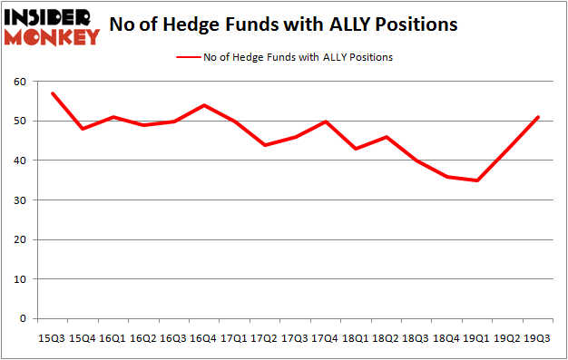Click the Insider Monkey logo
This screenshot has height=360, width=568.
point(52,26)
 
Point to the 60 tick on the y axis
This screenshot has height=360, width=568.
point(19,82)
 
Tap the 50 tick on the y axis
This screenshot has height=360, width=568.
point(19,122)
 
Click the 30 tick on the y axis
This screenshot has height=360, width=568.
point(19,200)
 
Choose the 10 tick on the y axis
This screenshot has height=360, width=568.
point(19,279)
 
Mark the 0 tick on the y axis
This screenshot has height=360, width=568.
point(22,319)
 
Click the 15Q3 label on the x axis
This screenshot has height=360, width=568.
point(51,337)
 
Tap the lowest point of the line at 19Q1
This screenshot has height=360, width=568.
point(477,180)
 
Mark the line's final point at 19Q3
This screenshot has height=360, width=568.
point(539,117)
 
